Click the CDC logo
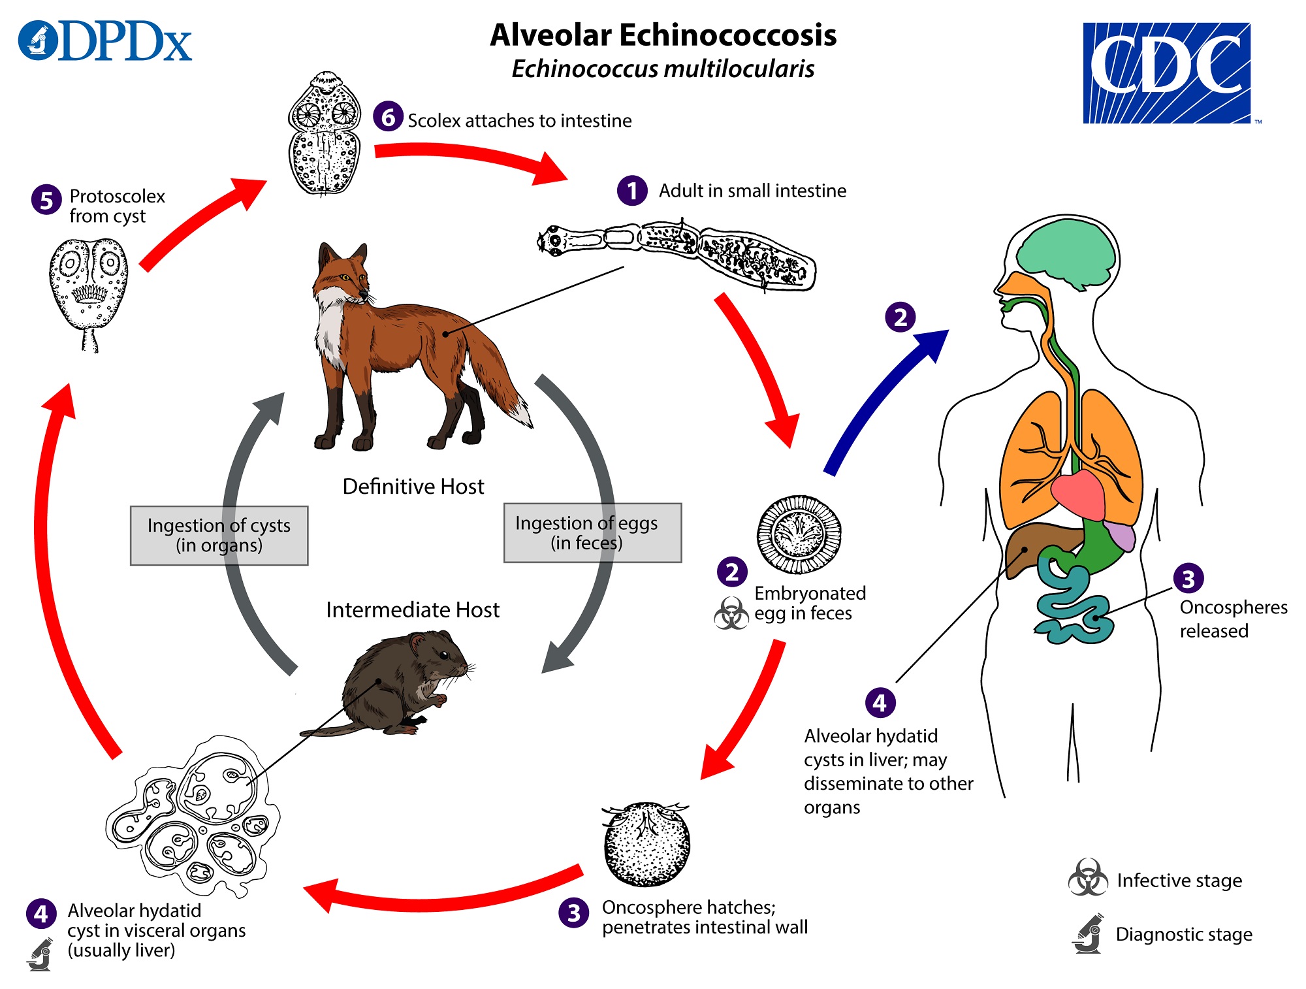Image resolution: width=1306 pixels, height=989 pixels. (1167, 73)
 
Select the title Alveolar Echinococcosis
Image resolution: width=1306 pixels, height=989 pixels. (663, 35)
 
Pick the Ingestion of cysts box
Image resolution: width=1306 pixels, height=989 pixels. (219, 535)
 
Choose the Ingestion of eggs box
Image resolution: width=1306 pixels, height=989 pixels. (592, 532)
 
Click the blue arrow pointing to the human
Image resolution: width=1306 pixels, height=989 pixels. (882, 398)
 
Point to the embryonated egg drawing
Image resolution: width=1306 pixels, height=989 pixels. (799, 534)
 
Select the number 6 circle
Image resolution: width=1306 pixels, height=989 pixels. (388, 117)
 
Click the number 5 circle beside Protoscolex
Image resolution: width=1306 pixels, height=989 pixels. (46, 200)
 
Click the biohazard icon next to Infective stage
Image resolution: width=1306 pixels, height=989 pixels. (1088, 878)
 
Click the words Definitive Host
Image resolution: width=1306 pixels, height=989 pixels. (413, 487)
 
